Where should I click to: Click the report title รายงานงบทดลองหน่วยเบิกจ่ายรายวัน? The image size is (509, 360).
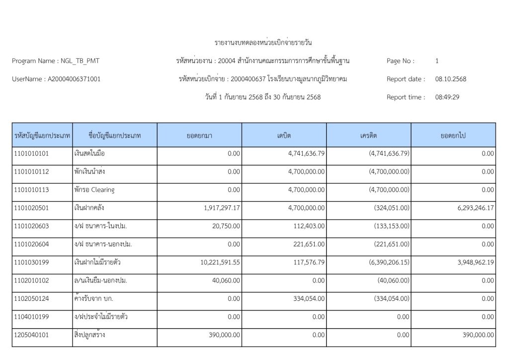click(x=263, y=42)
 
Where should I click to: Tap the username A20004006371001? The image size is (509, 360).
click(x=74, y=79)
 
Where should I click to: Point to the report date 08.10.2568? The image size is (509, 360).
click(x=451, y=79)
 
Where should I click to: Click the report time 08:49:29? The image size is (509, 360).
click(x=447, y=97)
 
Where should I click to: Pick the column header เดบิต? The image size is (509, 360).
click(x=284, y=135)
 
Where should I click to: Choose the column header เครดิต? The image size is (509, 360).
click(x=368, y=135)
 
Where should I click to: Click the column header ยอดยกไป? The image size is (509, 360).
click(x=453, y=135)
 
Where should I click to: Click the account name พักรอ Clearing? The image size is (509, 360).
click(x=94, y=190)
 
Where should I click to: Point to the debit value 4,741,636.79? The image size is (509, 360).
click(x=307, y=154)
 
